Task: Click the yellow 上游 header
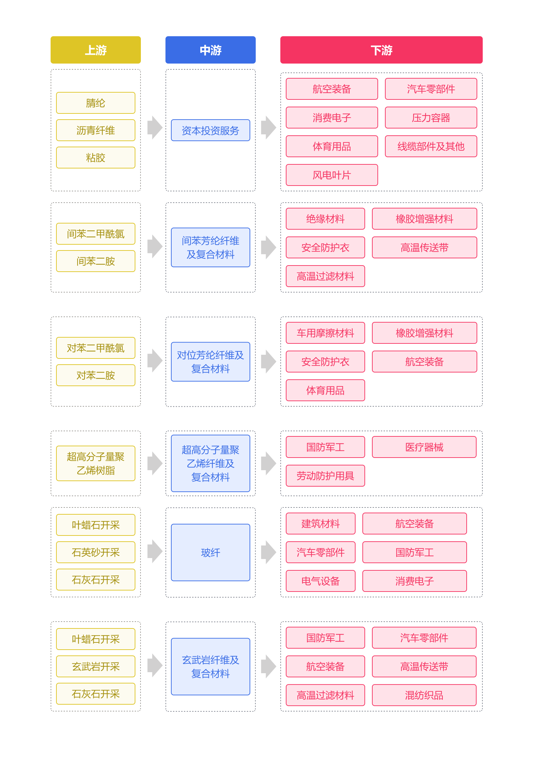(x=96, y=50)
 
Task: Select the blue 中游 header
(x=211, y=50)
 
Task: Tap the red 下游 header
(x=381, y=50)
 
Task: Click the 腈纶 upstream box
(x=96, y=103)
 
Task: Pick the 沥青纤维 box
(x=96, y=130)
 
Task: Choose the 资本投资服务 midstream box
(x=211, y=130)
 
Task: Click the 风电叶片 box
(x=332, y=175)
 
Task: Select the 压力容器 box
(x=431, y=118)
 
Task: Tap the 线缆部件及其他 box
(x=431, y=146)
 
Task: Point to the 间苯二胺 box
(x=96, y=261)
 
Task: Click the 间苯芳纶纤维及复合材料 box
(x=211, y=247)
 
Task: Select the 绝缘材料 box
(x=325, y=219)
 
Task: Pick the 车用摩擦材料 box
(x=325, y=333)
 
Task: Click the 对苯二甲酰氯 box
(x=96, y=348)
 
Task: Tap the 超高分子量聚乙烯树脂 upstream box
(x=96, y=463)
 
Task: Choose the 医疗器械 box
(x=424, y=447)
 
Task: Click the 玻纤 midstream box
(x=211, y=552)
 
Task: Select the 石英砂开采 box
(x=96, y=552)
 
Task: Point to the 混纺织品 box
(x=424, y=695)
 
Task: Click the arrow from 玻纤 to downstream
(x=268, y=552)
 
